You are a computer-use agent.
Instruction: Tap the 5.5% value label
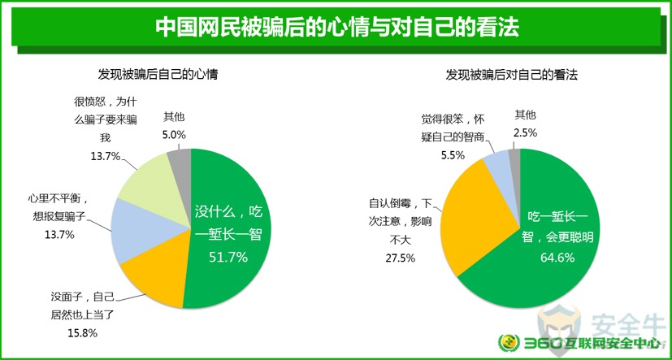(453, 155)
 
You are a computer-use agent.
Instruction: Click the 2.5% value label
(526, 132)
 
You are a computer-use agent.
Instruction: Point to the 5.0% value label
(174, 135)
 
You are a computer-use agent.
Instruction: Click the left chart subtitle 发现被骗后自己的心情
(158, 76)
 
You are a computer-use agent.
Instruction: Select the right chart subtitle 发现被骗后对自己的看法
(512, 76)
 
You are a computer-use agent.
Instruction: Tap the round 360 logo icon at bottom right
(509, 343)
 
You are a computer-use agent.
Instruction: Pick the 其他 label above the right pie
(526, 115)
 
